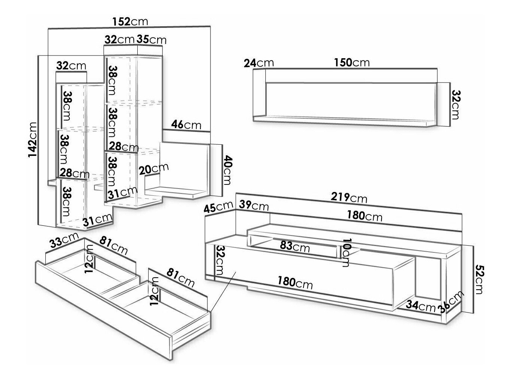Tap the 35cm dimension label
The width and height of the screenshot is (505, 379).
click(x=151, y=39)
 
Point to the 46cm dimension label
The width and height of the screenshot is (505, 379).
click(x=186, y=124)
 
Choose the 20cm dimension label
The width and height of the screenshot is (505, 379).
click(x=153, y=169)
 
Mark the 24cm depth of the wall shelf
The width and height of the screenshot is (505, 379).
click(x=259, y=63)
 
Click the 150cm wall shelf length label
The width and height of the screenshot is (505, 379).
click(x=352, y=62)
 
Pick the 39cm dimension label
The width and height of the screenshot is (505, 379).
click(x=254, y=206)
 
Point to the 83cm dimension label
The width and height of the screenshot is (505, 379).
click(x=295, y=247)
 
